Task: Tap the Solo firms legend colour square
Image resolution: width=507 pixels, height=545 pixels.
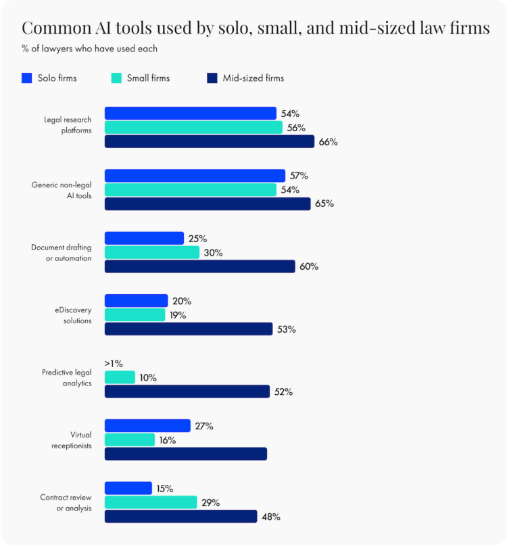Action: click(x=26, y=78)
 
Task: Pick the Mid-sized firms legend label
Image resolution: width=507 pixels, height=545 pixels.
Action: click(x=254, y=78)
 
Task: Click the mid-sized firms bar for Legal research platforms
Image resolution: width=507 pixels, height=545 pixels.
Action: click(x=210, y=141)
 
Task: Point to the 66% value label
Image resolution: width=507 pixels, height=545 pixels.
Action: click(x=329, y=142)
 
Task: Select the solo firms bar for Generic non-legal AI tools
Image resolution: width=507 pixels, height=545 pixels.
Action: click(x=195, y=176)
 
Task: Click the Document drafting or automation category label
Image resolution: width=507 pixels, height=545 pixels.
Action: click(x=62, y=253)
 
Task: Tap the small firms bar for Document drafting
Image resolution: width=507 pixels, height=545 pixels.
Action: click(x=152, y=252)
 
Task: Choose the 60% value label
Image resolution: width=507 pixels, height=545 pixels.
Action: click(x=310, y=266)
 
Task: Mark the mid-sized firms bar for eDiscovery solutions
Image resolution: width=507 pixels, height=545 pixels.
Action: click(x=189, y=329)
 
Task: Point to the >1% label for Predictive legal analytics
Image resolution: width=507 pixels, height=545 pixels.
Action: click(x=114, y=363)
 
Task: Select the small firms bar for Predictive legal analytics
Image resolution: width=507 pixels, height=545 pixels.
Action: click(x=120, y=377)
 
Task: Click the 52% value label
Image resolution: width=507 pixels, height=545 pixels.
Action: click(x=283, y=392)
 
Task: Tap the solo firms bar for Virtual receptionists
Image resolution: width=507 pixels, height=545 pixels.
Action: click(x=147, y=425)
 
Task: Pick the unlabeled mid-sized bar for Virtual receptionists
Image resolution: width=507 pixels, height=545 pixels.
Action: click(x=186, y=454)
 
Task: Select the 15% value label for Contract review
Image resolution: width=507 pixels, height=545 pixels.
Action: click(x=165, y=488)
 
